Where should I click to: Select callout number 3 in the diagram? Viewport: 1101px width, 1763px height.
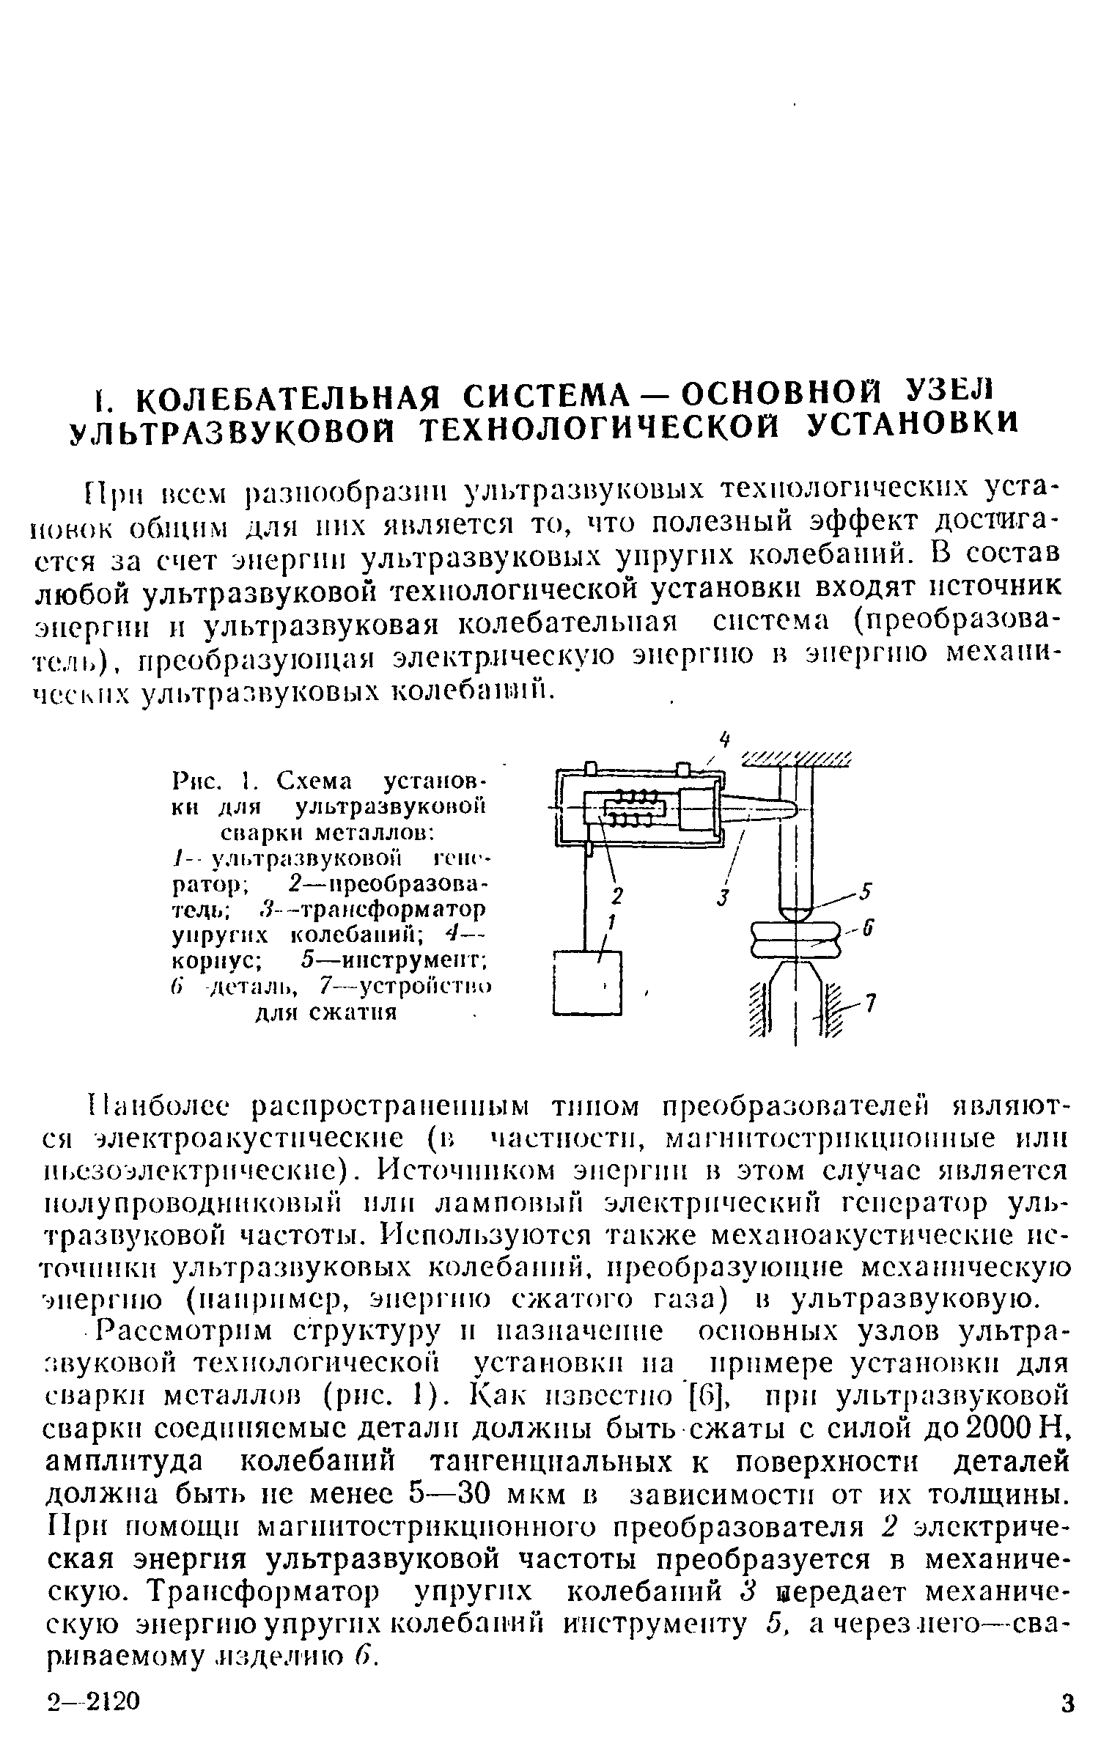722,896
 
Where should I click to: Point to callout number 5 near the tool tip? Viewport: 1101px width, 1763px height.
866,892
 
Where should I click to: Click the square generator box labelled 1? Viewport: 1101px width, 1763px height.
587,983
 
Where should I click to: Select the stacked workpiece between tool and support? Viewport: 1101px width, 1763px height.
795,939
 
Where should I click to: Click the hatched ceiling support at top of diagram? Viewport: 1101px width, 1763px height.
797,759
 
